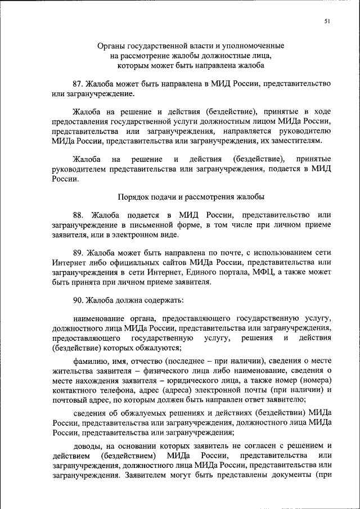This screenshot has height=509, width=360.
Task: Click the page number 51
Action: coord(327,21)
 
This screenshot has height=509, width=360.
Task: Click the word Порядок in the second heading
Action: coord(133,197)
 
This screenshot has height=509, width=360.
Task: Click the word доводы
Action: coord(86,448)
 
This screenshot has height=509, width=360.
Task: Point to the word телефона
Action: coord(117,390)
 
